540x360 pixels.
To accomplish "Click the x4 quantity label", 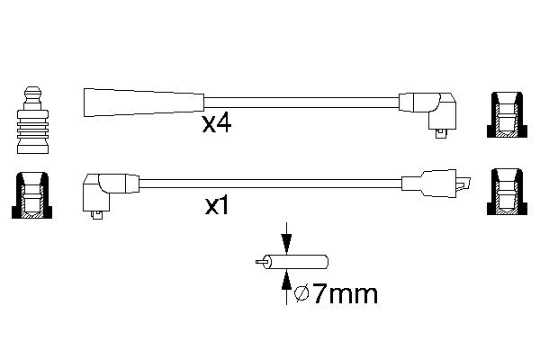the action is pyautogui.click(x=217, y=124).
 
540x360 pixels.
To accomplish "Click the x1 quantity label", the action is pyautogui.click(x=217, y=206).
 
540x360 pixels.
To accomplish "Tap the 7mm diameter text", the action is pyautogui.click(x=345, y=294).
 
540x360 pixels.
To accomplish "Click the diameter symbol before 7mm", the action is pyautogui.click(x=302, y=294).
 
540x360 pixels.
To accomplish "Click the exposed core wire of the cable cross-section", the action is pyautogui.click(x=260, y=262).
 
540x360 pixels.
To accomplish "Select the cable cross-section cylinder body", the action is pyautogui.click(x=295, y=262).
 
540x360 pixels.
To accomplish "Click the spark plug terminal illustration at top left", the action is pyautogui.click(x=32, y=120).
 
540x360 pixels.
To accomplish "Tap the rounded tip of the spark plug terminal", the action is pyautogui.click(x=33, y=90).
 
